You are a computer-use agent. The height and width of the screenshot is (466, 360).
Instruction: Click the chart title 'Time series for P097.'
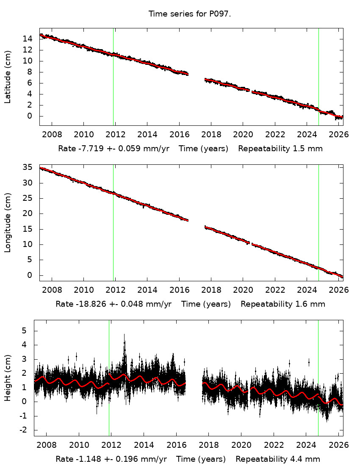point(190,14)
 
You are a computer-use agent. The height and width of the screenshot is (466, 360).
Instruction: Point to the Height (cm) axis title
point(8,377)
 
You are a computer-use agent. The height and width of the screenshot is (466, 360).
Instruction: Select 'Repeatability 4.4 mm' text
point(278,459)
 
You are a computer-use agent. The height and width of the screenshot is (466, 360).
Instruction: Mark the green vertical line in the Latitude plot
point(318,76)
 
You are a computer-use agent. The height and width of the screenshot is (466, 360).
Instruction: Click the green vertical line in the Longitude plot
point(318,220)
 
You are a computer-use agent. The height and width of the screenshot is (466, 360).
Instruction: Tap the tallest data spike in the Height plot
point(124,337)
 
